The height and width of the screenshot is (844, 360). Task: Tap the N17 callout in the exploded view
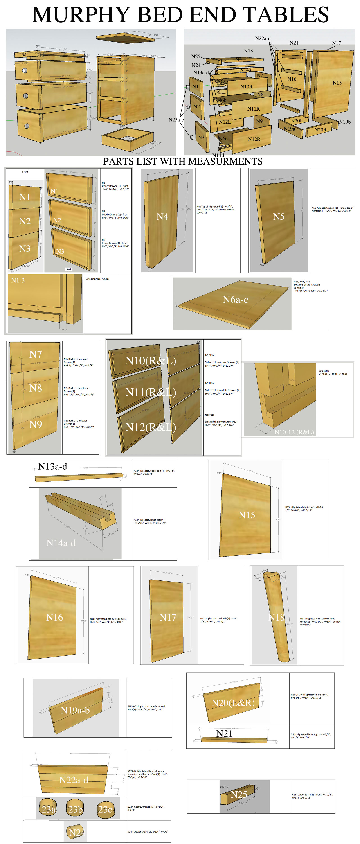[336, 43]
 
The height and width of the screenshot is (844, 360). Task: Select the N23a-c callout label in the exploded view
[176, 120]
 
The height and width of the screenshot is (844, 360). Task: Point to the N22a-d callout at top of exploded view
[263, 38]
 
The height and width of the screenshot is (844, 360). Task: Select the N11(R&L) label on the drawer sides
[151, 392]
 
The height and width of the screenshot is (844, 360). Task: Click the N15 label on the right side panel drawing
[246, 515]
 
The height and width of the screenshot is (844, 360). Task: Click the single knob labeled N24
[76, 833]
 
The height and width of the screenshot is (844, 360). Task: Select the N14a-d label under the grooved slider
[61, 543]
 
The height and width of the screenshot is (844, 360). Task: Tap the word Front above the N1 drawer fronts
[25, 172]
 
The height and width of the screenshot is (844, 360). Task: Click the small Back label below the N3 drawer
[69, 269]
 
